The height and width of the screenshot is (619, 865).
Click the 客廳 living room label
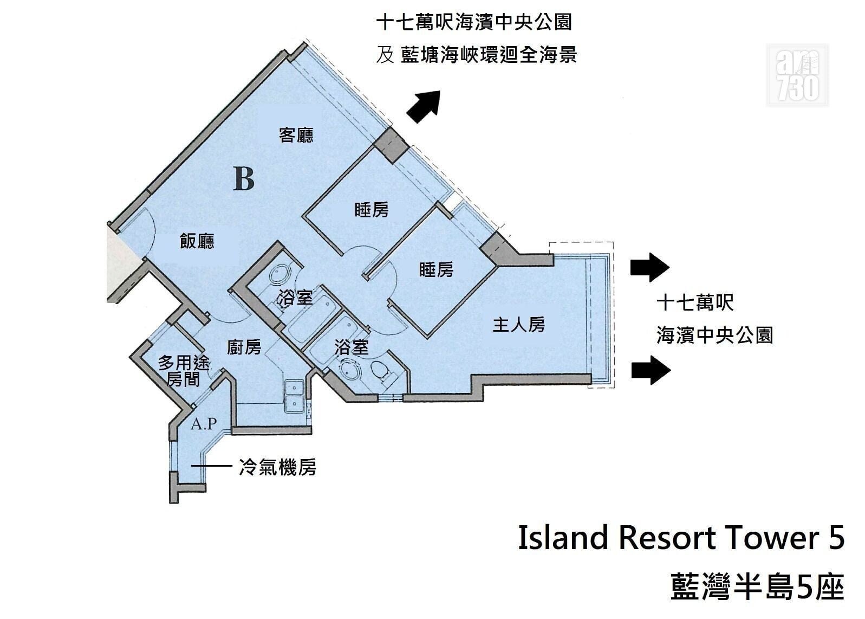(x=296, y=136)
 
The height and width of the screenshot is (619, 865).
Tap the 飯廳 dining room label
(x=197, y=242)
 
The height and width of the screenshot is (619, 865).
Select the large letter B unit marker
(x=244, y=178)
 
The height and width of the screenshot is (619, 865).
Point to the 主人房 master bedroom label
(x=518, y=325)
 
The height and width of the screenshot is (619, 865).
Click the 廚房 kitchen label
(x=244, y=347)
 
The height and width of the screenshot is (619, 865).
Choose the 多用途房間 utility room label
(x=184, y=371)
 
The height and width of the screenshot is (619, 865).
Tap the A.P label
(x=204, y=424)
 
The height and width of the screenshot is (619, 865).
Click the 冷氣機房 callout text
(x=278, y=467)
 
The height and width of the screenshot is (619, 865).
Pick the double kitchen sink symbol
(x=294, y=396)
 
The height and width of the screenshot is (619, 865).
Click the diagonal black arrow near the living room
(x=424, y=107)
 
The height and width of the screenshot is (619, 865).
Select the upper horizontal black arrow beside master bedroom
(x=650, y=267)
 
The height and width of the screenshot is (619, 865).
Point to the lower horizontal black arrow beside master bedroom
(x=651, y=370)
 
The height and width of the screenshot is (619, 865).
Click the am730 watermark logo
(x=797, y=75)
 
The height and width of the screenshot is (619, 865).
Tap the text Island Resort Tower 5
(x=681, y=538)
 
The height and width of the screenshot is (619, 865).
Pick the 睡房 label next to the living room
(x=372, y=210)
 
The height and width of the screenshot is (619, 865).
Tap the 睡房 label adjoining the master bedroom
(x=436, y=270)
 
